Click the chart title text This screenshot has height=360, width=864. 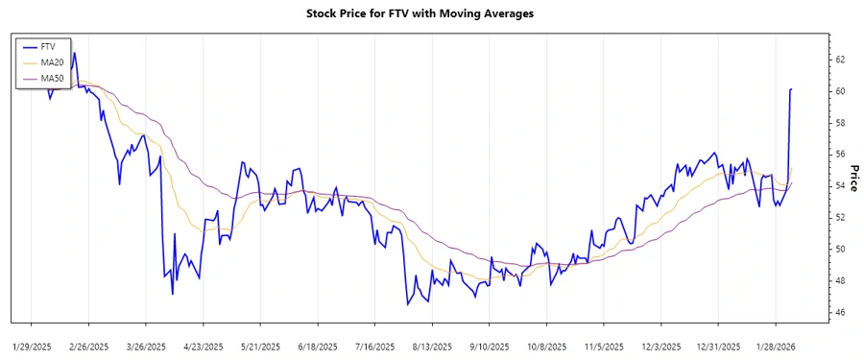(432, 13)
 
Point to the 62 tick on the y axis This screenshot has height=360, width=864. (840, 60)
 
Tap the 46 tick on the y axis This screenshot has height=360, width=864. (840, 313)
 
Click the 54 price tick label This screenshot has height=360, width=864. (840, 186)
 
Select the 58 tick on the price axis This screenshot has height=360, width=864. (840, 123)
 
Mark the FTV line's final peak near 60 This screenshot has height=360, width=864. (791, 89)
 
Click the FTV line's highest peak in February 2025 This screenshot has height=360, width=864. (75, 53)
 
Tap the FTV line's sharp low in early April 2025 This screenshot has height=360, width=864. (172, 294)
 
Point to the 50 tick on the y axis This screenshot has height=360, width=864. (840, 250)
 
